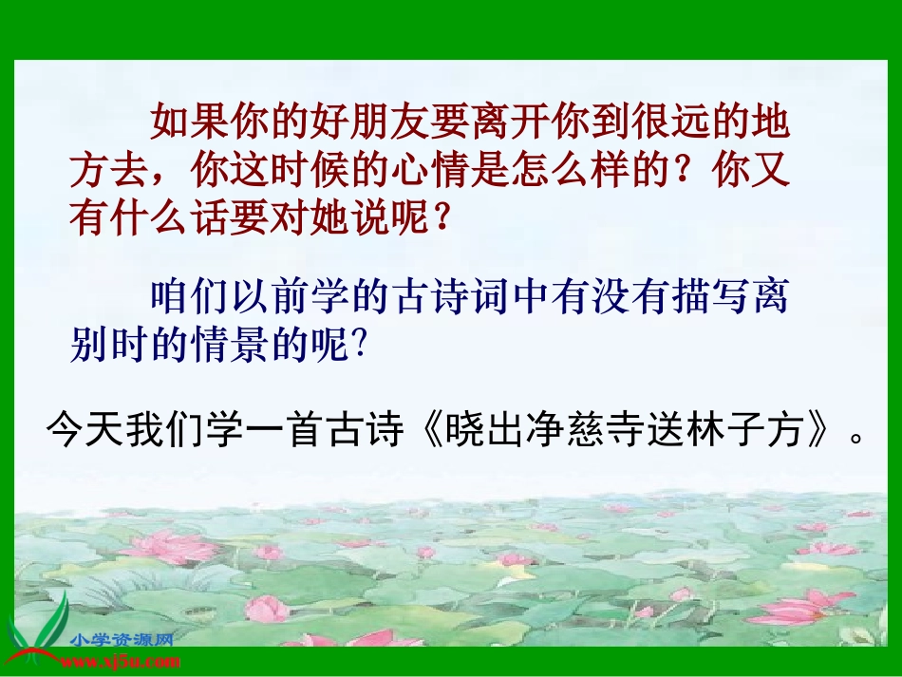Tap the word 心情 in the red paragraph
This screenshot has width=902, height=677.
pos(430,172)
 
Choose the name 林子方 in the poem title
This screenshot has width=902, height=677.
pos(749,432)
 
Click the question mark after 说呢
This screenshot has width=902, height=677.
pos(439,220)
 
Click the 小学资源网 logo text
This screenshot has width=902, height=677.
pos(120,639)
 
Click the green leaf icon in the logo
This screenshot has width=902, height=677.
pos(38,631)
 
